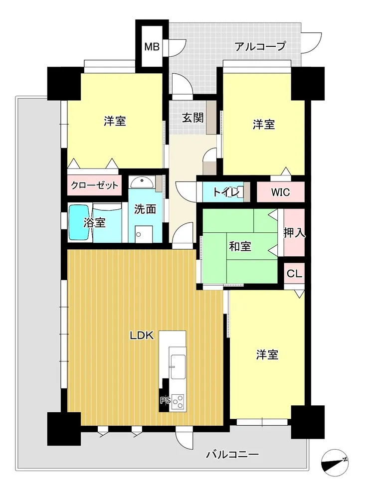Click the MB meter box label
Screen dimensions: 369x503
(x=152, y=47)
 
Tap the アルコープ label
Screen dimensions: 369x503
(x=260, y=46)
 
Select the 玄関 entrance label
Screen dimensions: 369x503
(x=192, y=118)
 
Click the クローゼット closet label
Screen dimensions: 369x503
(x=94, y=185)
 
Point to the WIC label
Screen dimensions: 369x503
(x=280, y=192)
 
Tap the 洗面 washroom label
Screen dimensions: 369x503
(x=145, y=209)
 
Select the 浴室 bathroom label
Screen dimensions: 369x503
(x=94, y=222)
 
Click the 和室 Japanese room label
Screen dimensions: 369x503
(x=240, y=246)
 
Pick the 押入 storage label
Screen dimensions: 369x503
(x=294, y=233)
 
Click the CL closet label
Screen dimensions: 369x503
(x=294, y=274)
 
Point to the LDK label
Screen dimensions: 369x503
(x=142, y=335)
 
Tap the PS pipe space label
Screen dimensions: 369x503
(x=165, y=401)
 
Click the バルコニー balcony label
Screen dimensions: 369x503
(x=232, y=454)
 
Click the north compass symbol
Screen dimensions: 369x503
(x=335, y=462)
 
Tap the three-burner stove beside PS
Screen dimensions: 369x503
(x=178, y=401)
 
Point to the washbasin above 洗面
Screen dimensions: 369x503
(x=142, y=182)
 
